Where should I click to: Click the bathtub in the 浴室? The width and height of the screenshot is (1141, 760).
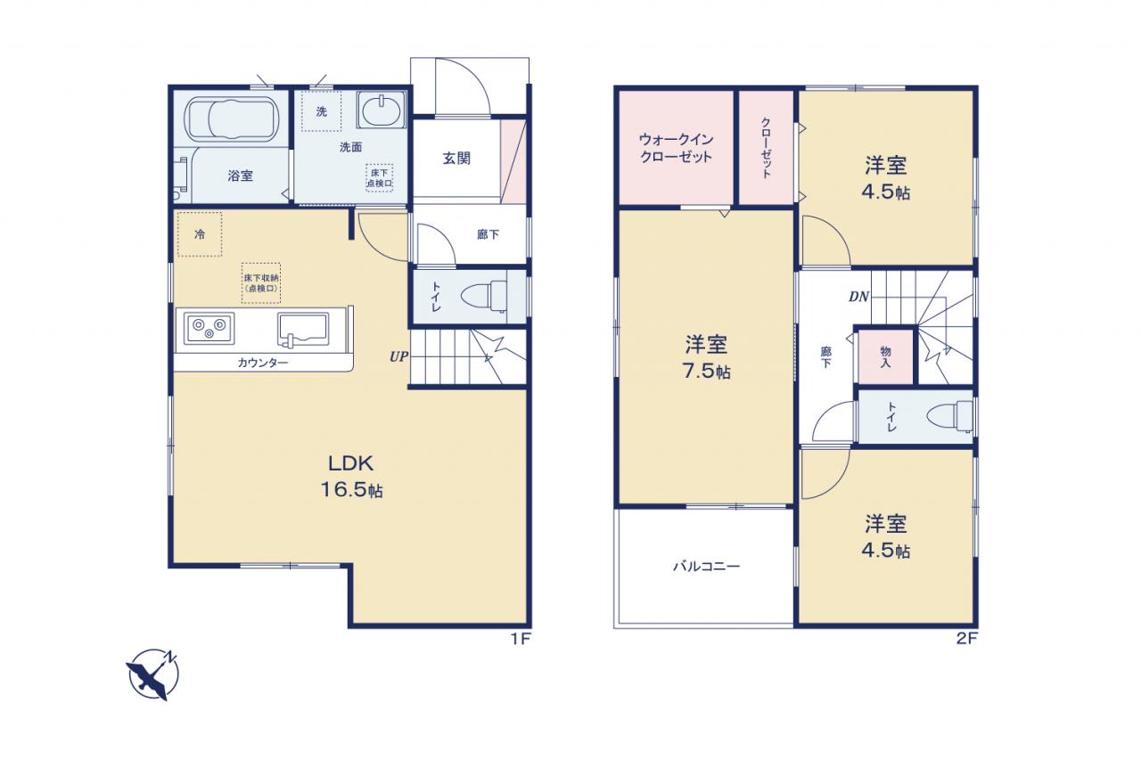tap(232, 119)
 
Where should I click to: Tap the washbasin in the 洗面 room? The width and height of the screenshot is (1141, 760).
tap(382, 110)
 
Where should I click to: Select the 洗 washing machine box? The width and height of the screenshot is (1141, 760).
tap(322, 111)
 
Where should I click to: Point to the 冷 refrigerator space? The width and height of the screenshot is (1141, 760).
tap(200, 234)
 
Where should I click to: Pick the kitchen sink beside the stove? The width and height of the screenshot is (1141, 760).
tap(303, 330)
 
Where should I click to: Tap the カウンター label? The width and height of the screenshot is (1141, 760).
tap(263, 363)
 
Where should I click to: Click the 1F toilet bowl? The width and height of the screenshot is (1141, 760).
tap(483, 297)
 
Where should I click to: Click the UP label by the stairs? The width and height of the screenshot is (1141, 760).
tap(398, 357)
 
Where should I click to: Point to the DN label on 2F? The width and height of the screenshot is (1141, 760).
tap(858, 297)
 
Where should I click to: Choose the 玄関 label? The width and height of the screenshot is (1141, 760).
tap(456, 159)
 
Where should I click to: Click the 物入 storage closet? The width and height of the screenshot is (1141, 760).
tap(886, 356)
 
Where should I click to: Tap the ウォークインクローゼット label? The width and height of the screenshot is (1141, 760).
tap(676, 148)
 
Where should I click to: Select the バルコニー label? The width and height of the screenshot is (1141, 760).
tap(707, 566)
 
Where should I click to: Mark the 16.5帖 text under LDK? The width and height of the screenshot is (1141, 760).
tap(351, 490)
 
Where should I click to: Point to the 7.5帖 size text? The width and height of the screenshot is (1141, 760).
tap(706, 372)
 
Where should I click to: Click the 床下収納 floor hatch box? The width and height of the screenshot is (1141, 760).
tap(261, 283)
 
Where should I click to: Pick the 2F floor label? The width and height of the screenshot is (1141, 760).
tap(966, 638)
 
